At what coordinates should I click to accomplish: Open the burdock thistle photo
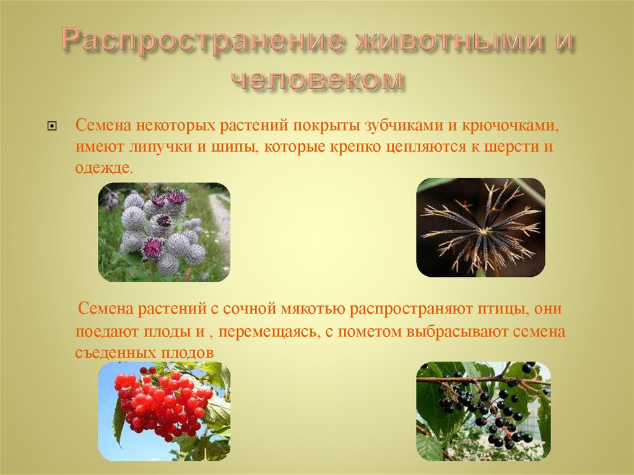[164, 232]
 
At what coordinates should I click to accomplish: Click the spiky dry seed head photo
[480, 227]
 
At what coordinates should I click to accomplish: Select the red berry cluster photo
[164, 411]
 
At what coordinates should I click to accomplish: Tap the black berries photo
[483, 411]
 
